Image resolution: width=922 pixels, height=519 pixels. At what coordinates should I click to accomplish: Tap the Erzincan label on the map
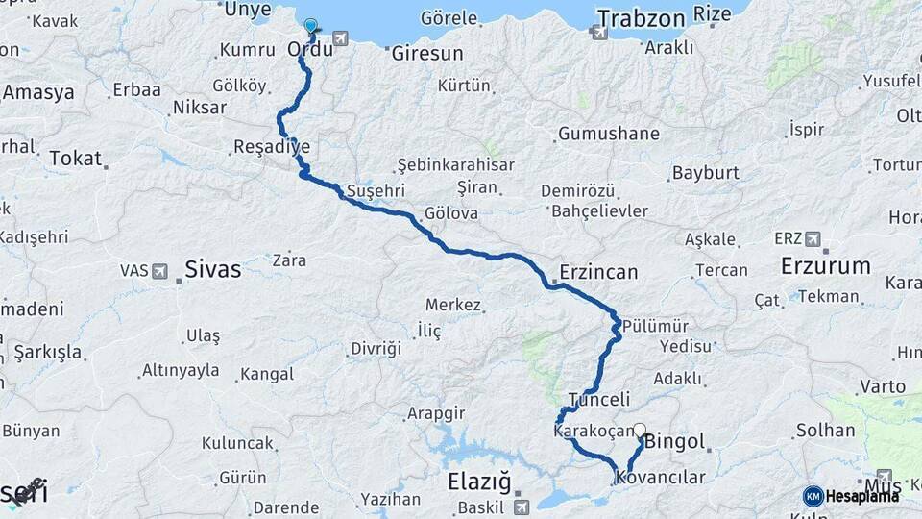[599, 272]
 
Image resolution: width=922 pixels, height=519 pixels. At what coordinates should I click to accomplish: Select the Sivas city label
[212, 268]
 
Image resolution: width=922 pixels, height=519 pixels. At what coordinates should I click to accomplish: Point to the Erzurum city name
[825, 265]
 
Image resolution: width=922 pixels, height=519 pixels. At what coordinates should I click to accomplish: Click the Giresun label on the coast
[427, 54]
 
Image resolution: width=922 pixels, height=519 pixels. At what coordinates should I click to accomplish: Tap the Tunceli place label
[598, 399]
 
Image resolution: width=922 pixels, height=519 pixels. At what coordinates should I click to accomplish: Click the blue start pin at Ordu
[310, 28]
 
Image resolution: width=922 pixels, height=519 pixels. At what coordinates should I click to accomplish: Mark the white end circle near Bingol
[640, 432]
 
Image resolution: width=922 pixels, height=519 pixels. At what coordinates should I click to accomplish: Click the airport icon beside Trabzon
[601, 33]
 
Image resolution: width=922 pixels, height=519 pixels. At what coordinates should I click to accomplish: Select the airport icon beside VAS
[159, 271]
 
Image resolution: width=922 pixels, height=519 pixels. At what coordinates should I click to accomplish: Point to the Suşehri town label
[376, 189]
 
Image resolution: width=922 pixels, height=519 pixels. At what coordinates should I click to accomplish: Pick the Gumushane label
[608, 134]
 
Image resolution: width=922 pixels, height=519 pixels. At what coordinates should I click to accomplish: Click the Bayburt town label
[706, 173]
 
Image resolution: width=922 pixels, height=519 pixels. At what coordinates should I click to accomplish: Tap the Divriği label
[376, 348]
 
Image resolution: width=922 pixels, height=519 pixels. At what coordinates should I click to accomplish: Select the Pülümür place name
[651, 326]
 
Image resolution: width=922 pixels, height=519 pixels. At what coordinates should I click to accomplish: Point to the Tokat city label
[75, 159]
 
